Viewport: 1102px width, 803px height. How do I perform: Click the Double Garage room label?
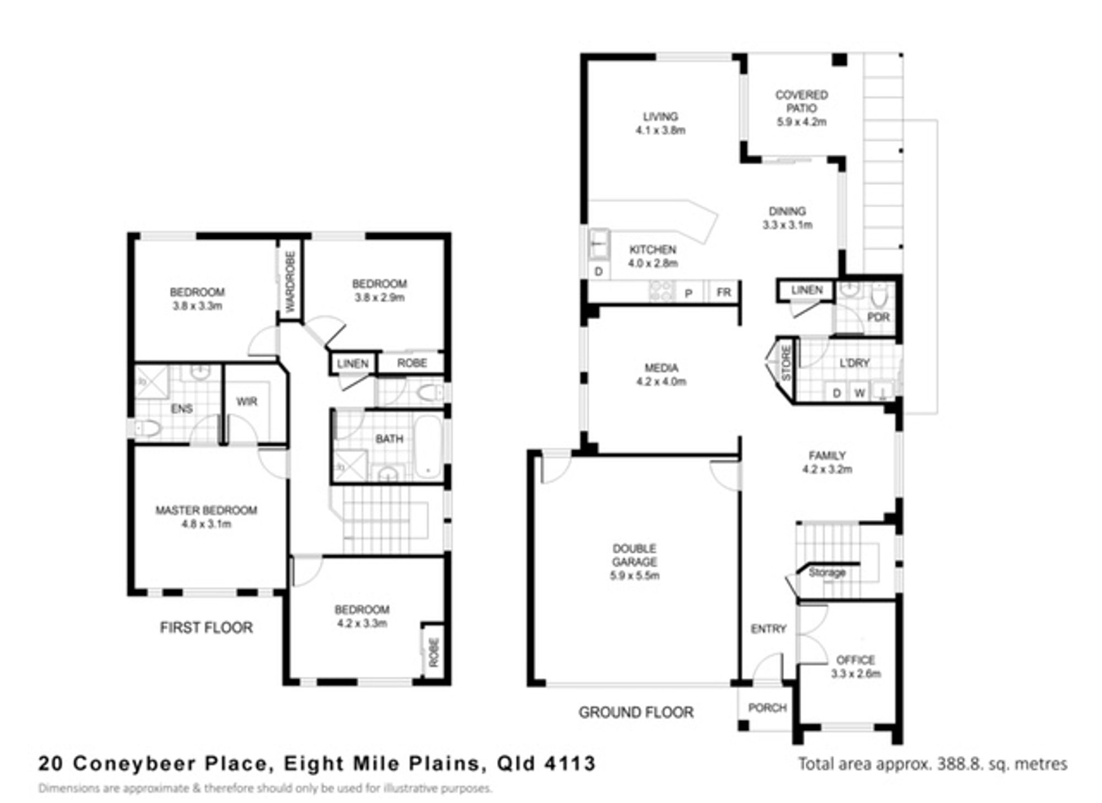point(635,555)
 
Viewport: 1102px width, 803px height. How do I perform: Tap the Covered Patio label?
point(802,101)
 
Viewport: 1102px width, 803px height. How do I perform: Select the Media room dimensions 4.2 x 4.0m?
point(661,381)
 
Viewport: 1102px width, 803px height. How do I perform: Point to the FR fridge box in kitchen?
point(724,292)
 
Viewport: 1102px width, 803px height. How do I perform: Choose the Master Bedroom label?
point(206,510)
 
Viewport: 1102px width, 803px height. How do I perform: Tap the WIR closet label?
point(246,401)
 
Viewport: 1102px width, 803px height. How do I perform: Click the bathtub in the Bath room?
point(428,447)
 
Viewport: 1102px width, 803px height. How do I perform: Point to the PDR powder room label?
point(878,317)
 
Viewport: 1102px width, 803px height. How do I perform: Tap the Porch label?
point(767,708)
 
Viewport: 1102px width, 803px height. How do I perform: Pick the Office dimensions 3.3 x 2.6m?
point(856,673)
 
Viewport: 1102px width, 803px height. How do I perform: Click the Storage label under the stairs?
point(827,572)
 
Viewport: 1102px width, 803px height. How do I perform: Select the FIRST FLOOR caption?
point(207,628)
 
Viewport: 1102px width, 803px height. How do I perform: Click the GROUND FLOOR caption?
point(636,713)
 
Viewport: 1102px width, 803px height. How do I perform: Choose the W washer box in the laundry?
point(860,393)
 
